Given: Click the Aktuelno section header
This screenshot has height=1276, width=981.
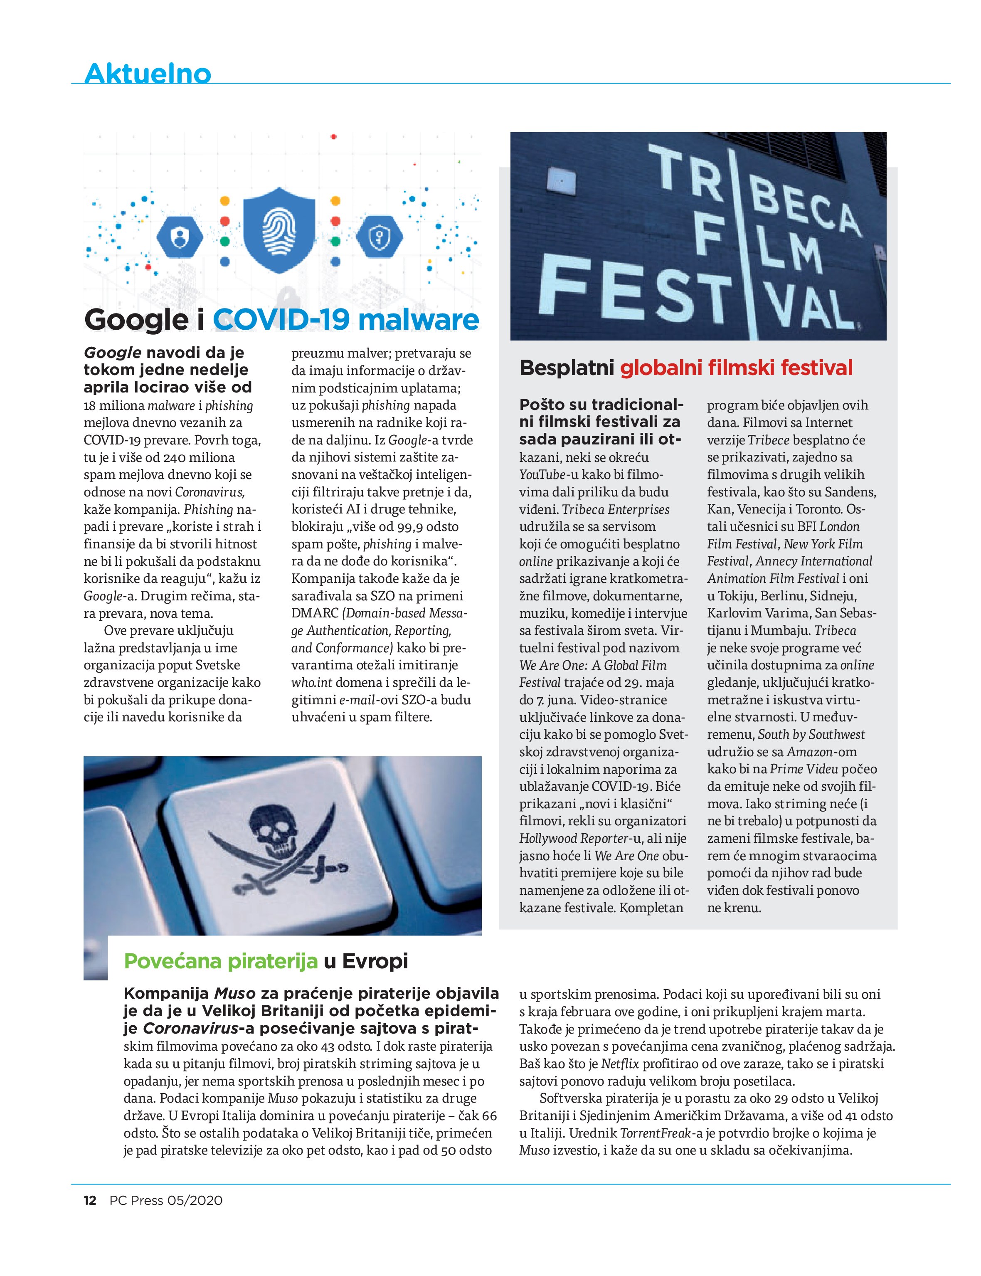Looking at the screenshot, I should pyautogui.click(x=148, y=73).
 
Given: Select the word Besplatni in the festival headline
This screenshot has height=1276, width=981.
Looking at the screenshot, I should pyautogui.click(x=567, y=368).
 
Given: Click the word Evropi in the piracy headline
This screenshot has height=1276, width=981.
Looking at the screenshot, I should pyautogui.click(x=375, y=961).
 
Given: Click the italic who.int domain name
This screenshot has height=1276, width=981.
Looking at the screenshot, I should pyautogui.click(x=312, y=682).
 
